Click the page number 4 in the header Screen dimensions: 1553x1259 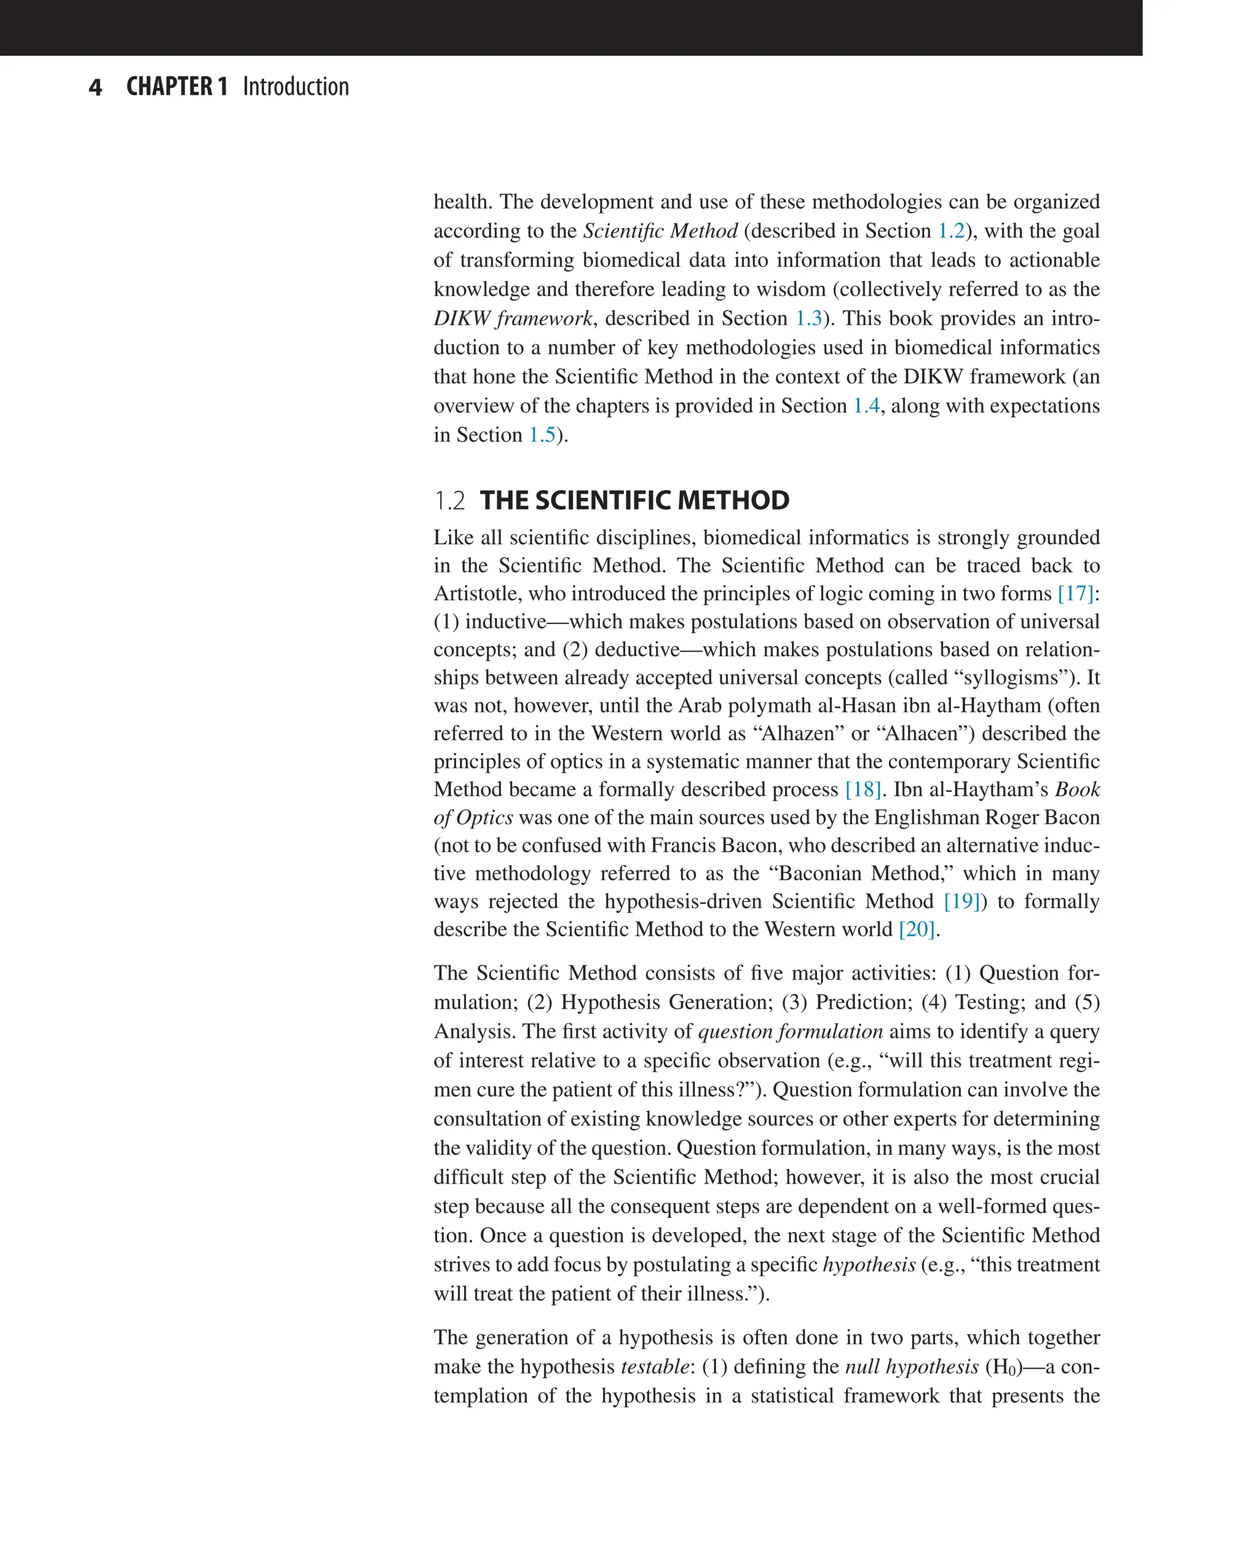(x=95, y=88)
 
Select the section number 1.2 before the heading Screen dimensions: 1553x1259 (x=449, y=500)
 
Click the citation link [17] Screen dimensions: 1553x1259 (x=1076, y=593)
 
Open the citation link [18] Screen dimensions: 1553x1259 (x=863, y=789)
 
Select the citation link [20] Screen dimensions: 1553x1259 (x=917, y=929)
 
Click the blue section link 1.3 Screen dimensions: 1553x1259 (x=808, y=318)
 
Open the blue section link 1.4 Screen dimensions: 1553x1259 (x=866, y=406)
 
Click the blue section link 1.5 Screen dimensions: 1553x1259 (x=542, y=435)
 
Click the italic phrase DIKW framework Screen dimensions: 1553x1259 (x=513, y=318)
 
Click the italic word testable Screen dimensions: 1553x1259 (x=654, y=1367)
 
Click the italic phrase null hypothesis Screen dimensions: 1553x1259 (x=912, y=1367)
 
